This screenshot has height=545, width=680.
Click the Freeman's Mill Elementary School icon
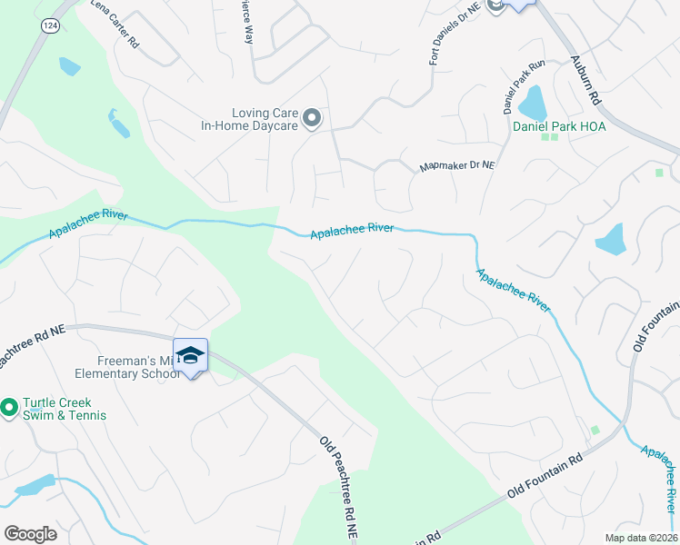[x=190, y=355]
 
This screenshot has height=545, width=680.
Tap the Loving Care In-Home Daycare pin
[x=312, y=119]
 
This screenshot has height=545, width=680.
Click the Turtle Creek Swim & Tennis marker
[x=9, y=409]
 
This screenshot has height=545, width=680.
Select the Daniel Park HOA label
[x=559, y=126]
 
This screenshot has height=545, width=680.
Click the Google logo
[x=30, y=534]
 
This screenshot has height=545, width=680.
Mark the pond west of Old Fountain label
[x=611, y=239]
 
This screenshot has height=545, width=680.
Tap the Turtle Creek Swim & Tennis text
[x=65, y=409]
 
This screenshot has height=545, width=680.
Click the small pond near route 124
[x=69, y=65]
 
